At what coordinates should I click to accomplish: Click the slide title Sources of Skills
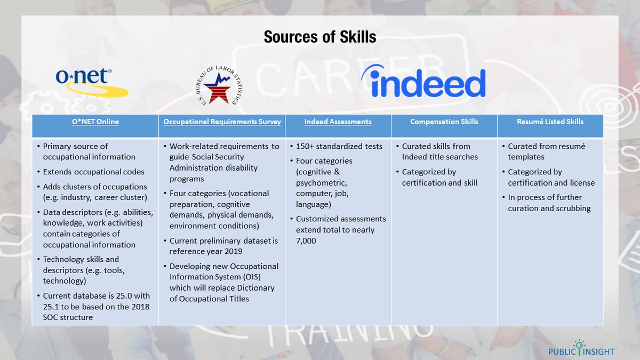click(x=320, y=37)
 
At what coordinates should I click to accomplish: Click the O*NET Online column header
click(x=95, y=122)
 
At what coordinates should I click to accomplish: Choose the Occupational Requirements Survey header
click(x=222, y=122)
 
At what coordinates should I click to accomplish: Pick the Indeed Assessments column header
click(x=338, y=122)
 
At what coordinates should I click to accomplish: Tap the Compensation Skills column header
click(x=444, y=122)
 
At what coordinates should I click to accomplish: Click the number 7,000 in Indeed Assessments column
click(x=306, y=241)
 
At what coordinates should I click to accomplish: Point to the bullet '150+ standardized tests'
click(x=339, y=146)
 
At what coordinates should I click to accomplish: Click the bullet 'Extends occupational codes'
click(x=93, y=172)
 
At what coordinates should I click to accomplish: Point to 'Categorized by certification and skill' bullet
click(x=439, y=177)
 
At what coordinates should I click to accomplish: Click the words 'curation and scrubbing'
click(x=549, y=208)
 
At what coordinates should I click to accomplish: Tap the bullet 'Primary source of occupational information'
click(x=89, y=151)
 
